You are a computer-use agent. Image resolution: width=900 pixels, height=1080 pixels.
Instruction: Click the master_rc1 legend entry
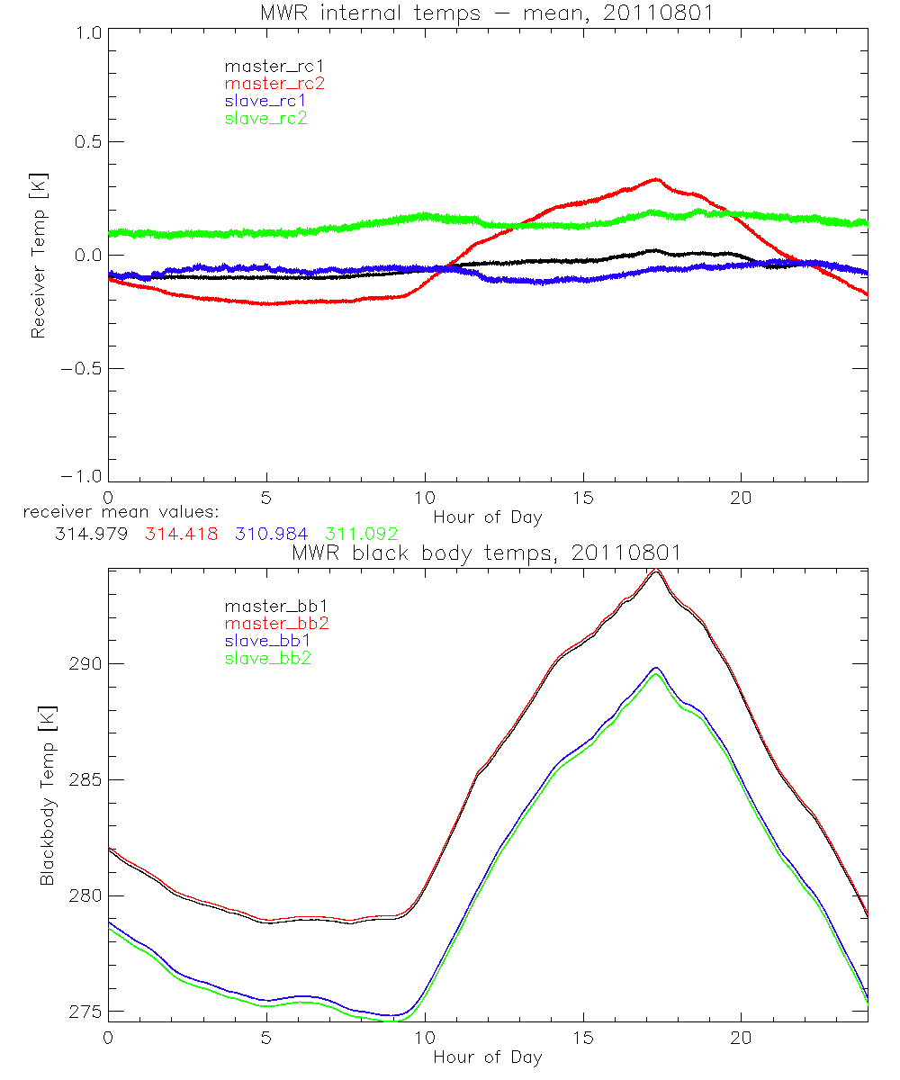click(x=265, y=66)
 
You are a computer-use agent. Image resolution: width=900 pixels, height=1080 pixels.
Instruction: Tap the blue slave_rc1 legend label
click(x=265, y=101)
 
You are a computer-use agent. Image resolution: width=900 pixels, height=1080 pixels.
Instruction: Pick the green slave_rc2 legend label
click(x=265, y=118)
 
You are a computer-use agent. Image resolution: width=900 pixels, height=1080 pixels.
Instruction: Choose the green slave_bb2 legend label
click(x=265, y=659)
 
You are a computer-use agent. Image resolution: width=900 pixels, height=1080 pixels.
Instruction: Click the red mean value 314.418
click(x=177, y=535)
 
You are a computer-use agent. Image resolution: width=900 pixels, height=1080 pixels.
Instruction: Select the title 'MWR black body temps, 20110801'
click(x=487, y=553)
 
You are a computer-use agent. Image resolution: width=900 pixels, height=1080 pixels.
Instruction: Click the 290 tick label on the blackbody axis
click(x=83, y=664)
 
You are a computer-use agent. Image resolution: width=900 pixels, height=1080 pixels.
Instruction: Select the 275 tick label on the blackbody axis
click(x=83, y=1012)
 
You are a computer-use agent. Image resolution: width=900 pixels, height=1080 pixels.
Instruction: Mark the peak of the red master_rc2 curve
click(x=656, y=179)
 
